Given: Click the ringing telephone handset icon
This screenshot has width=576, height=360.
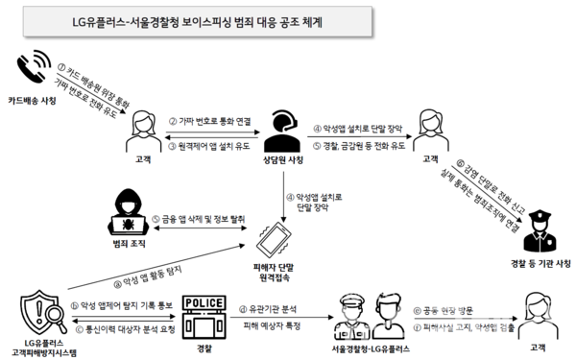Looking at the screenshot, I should [34, 70].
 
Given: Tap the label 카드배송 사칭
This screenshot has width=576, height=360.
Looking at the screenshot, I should [34, 101].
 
